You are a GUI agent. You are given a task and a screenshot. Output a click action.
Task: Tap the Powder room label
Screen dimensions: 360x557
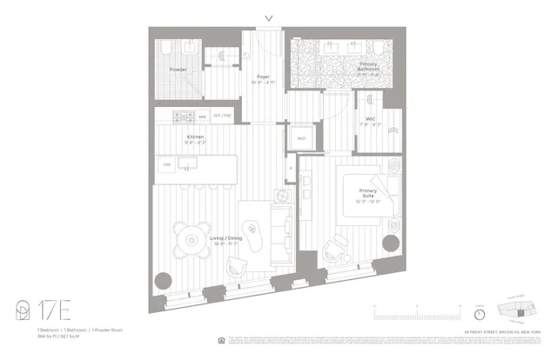[x=178, y=70]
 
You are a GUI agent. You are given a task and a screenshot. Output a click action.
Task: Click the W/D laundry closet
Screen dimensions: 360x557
[x=301, y=137]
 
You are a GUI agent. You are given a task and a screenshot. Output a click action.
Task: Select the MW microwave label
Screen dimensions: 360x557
[x=202, y=116]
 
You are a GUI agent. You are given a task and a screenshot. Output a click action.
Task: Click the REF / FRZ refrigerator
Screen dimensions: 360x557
[x=223, y=116]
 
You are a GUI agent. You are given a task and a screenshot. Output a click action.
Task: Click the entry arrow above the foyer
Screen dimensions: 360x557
[x=269, y=17]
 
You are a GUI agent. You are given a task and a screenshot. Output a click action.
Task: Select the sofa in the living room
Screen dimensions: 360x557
[x=281, y=228]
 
